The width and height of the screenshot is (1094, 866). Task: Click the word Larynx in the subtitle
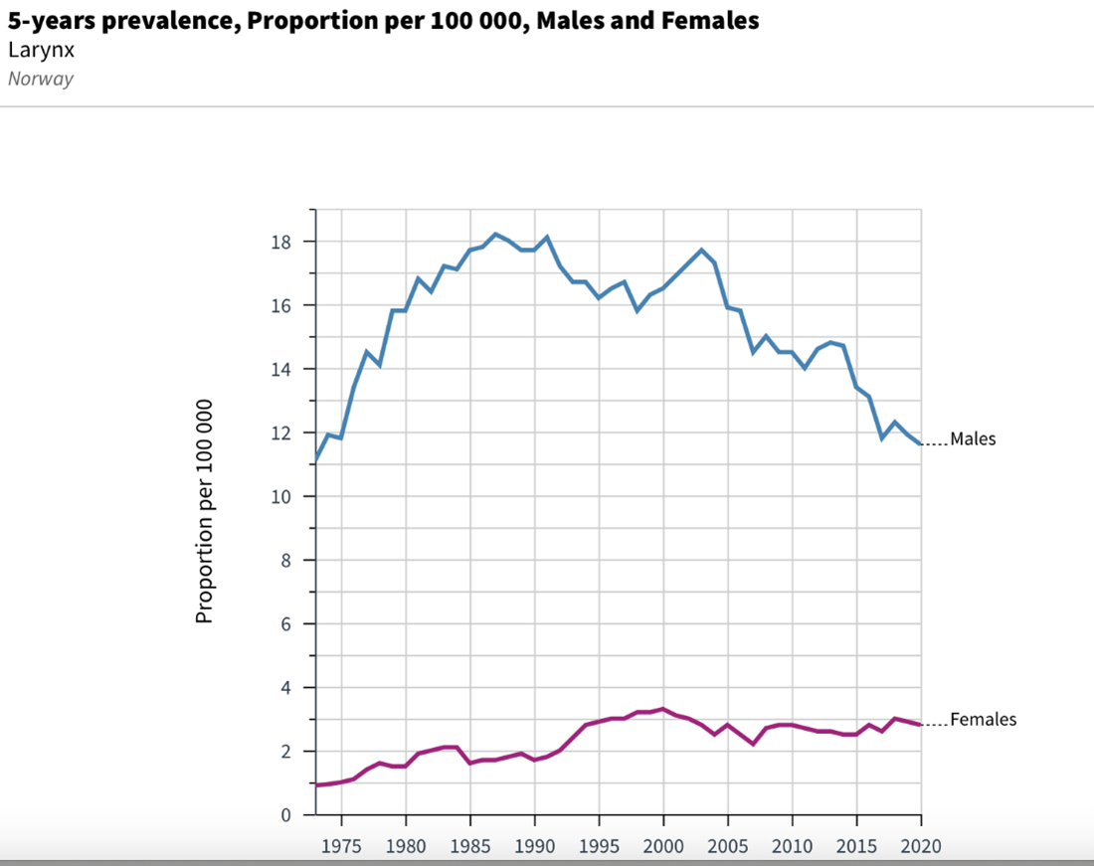click(41, 50)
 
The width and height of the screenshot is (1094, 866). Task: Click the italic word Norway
click(41, 79)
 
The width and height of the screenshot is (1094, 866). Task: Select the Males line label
click(972, 438)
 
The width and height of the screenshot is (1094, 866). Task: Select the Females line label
click(983, 719)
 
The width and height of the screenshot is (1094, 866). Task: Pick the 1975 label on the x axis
click(341, 846)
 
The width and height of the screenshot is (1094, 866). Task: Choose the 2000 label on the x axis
click(663, 846)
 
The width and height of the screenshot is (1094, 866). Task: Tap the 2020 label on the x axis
click(920, 846)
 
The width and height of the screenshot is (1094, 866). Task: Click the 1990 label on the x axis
click(534, 846)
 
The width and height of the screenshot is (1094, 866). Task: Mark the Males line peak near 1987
click(495, 235)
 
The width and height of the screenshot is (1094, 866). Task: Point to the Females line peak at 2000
click(663, 709)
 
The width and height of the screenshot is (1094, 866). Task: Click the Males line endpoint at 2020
click(920, 443)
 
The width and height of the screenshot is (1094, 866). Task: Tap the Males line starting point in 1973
click(316, 459)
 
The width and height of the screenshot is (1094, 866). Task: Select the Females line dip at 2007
click(753, 744)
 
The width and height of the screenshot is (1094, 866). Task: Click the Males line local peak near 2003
click(701, 250)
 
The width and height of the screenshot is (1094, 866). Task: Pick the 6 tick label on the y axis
click(283, 623)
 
